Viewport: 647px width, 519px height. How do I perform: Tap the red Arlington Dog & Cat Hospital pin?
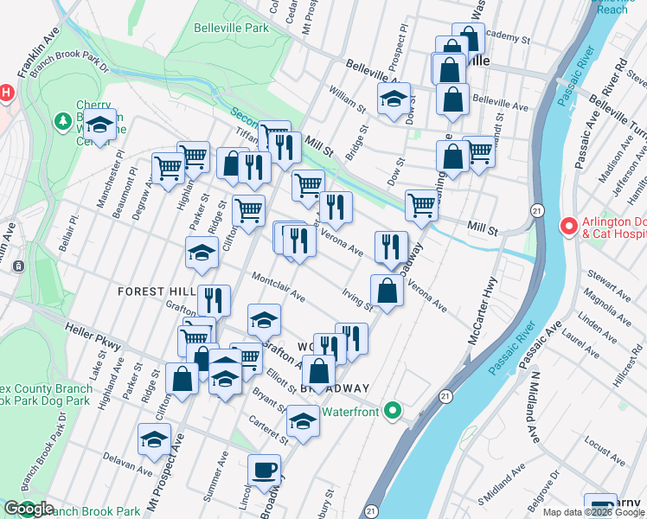(x=568, y=227)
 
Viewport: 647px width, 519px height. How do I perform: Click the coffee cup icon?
(x=264, y=470)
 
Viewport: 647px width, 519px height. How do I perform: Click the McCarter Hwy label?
(x=484, y=311)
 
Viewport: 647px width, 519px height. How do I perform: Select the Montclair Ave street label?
(x=279, y=288)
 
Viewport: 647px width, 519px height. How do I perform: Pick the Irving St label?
(x=357, y=299)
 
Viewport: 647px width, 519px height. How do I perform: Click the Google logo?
(x=29, y=509)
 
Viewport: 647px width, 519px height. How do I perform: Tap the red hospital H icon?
(x=5, y=93)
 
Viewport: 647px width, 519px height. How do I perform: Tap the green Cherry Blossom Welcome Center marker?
(x=63, y=121)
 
